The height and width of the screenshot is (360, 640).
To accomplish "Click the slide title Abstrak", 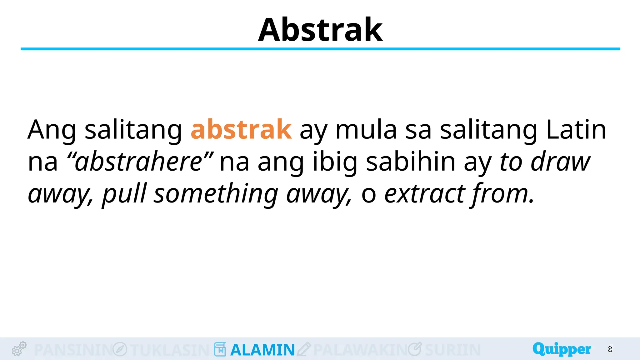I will pos(320,30).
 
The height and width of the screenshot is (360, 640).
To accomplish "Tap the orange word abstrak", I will pos(241,129).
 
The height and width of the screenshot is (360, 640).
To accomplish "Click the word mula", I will pos(366,129).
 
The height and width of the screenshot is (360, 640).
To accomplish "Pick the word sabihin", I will pos(411,162).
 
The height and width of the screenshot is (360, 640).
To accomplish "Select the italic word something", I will pos(216,194).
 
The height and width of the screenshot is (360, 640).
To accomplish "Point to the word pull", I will pos(124,194).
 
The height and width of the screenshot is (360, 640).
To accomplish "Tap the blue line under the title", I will pos(320,49).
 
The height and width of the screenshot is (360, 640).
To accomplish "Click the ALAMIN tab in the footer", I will pos(262,350).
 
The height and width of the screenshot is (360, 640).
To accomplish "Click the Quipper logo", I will pos(562,349).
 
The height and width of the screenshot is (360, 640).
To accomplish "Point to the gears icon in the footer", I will pos(19,349).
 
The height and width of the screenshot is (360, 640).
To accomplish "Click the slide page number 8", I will pos(610,349).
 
